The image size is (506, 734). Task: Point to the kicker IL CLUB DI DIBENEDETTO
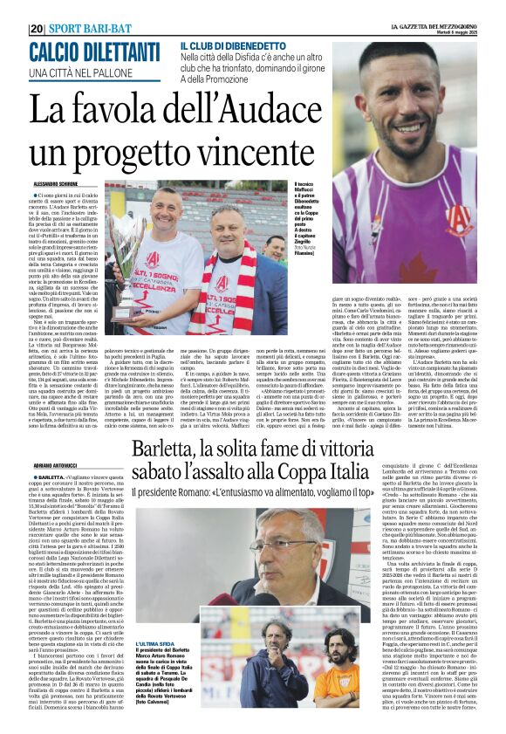click(x=234, y=45)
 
